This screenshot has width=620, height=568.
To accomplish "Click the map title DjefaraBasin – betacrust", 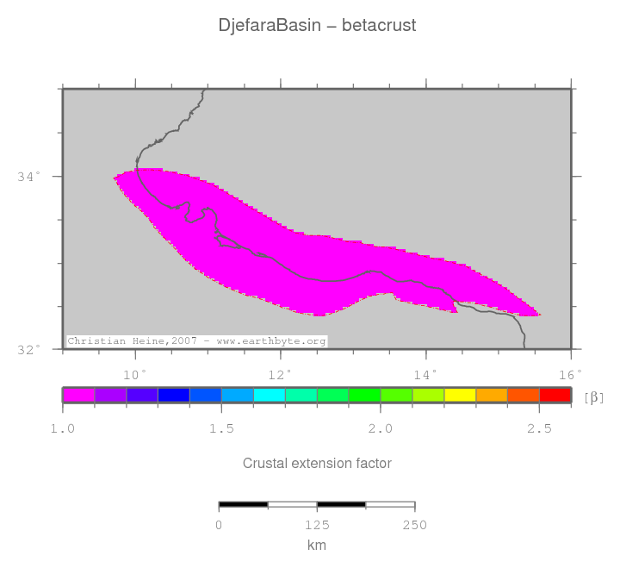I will click(x=317, y=26).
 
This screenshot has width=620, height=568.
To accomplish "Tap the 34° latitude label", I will click(x=28, y=177).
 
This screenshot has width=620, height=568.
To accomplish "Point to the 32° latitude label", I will click(x=28, y=350).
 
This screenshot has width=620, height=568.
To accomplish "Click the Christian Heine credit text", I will click(x=196, y=341).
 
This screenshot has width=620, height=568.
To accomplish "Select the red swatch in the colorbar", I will click(x=555, y=396).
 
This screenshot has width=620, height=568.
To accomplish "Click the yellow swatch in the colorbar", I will click(x=460, y=396).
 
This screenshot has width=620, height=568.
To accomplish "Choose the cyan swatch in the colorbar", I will click(x=269, y=396).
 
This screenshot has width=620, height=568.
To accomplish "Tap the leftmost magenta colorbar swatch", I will click(x=78, y=396).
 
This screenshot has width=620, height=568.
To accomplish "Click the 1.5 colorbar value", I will click(x=221, y=428).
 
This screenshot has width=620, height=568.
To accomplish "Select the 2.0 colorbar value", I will click(x=381, y=428).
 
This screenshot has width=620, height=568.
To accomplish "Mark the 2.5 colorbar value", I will click(x=539, y=428).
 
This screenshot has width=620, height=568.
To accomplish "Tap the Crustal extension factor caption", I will click(x=317, y=464).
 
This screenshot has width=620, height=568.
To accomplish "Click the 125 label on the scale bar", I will click(x=317, y=526).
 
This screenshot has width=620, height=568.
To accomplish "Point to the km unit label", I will click(x=317, y=546).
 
